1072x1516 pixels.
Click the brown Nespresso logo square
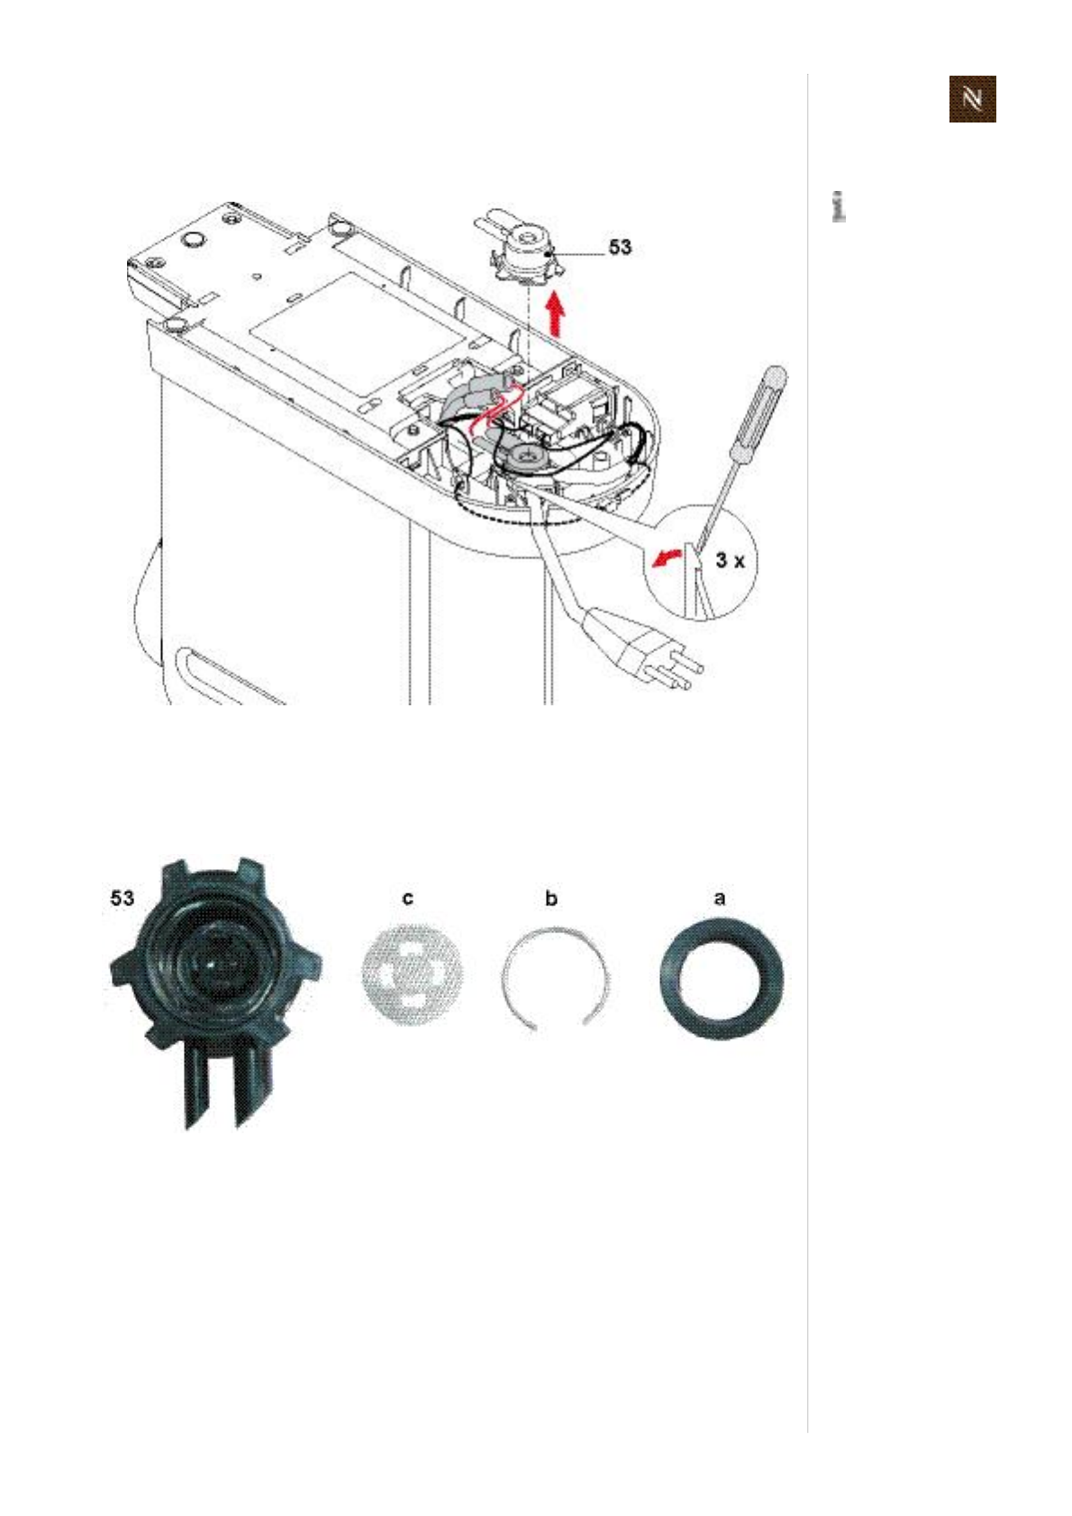(x=972, y=99)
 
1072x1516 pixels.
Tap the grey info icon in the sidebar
(x=839, y=207)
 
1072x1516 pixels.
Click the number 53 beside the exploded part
(x=620, y=247)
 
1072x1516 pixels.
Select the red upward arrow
(x=556, y=313)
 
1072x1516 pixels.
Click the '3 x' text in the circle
(x=730, y=560)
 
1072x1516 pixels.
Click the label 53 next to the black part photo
(x=122, y=898)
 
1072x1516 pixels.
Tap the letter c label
(x=408, y=898)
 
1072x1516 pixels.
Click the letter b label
(x=551, y=898)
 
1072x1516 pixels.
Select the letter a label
(x=719, y=898)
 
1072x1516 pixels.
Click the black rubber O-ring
(x=721, y=978)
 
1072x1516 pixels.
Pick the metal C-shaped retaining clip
(x=554, y=977)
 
